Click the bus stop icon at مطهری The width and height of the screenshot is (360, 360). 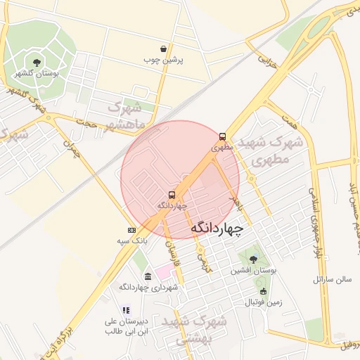click(x=223, y=137)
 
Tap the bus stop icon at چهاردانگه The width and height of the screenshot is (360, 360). click(x=172, y=194)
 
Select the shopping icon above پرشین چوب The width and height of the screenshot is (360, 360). click(x=164, y=49)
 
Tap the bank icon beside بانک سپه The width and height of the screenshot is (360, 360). click(x=131, y=230)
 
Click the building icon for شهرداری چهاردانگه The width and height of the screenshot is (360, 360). click(x=148, y=276)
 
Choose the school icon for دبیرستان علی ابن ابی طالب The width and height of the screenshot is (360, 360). click(x=126, y=309)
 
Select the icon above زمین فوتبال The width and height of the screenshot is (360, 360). click(x=263, y=292)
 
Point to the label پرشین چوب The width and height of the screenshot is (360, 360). click(x=164, y=60)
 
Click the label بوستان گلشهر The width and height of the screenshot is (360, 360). click(x=37, y=73)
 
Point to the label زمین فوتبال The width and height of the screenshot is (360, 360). click(x=263, y=303)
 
